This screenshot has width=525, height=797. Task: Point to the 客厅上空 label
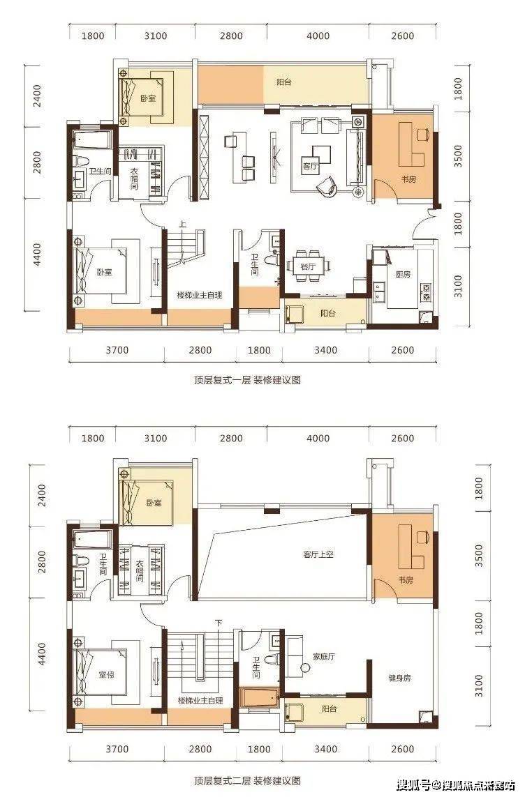pos(318,554)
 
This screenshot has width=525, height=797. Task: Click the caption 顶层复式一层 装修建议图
pos(248,381)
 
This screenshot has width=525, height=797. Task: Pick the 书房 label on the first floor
pos(408,179)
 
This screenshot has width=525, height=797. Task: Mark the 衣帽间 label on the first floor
pos(134,179)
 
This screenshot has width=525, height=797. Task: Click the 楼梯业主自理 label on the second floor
pos(200,699)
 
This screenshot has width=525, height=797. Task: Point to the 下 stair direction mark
pos(219,622)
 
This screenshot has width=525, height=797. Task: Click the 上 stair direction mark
pos(182,225)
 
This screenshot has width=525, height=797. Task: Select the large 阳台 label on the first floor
pos(283,82)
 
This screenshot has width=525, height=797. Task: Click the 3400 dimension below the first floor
pos(326,350)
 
